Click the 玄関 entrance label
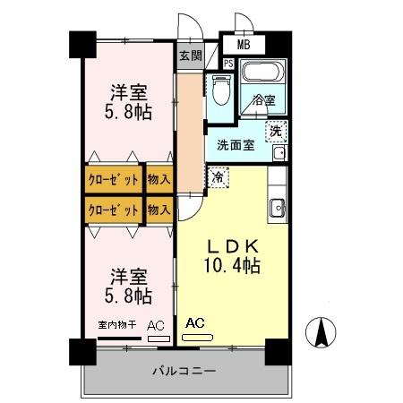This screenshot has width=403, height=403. (x=191, y=56)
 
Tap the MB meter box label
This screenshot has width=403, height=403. (x=244, y=45)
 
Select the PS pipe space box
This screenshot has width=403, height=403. (x=228, y=64)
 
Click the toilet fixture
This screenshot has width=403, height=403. (x=221, y=90)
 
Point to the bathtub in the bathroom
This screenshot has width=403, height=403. (x=262, y=72)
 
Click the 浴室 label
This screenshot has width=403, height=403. (x=263, y=100)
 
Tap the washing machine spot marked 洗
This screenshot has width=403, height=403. (x=276, y=131)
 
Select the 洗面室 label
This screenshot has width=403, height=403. (x=236, y=145)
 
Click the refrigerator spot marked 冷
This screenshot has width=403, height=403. (x=219, y=177)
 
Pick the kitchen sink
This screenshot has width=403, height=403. (x=278, y=208)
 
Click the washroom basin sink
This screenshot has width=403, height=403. (x=279, y=153)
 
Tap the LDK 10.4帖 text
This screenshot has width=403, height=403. (x=232, y=256)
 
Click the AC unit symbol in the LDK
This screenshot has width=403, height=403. (x=198, y=338)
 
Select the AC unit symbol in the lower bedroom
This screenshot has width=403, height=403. (x=159, y=339)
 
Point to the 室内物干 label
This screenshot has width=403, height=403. (x=117, y=324)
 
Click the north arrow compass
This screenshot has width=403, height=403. (x=321, y=332)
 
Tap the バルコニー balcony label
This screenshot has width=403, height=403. (x=184, y=371)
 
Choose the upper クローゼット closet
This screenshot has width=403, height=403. (x=114, y=179)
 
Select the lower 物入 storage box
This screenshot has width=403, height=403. (x=159, y=210)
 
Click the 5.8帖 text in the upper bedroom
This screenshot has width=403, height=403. (x=128, y=112)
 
